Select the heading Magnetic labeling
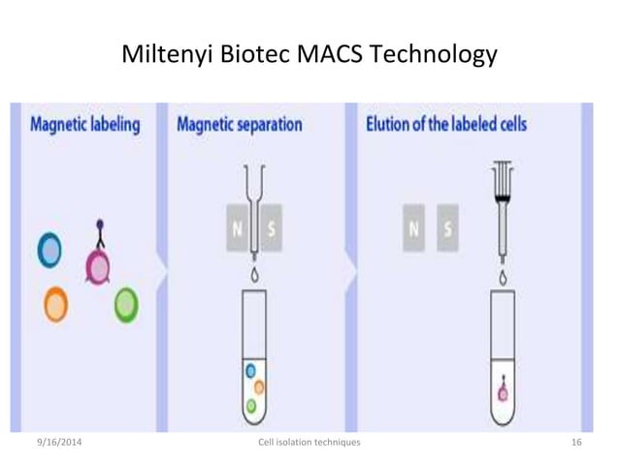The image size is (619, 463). (84, 126)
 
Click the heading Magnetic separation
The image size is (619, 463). (239, 126)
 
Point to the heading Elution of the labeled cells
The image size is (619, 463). (446, 126)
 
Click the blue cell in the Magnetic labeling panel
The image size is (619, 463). (49, 250)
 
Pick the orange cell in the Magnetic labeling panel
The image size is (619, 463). (56, 305)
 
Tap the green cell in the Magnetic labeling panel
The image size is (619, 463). (126, 305)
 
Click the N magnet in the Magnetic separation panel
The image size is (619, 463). (235, 232)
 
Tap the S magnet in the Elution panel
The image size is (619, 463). (448, 232)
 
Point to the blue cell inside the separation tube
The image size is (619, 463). (249, 370)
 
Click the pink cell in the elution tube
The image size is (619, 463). (502, 392)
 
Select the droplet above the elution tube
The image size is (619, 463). (502, 281)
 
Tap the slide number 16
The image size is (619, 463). (578, 443)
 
